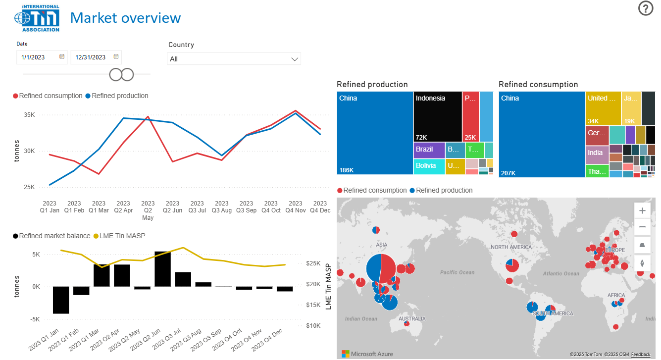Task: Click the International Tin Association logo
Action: pos(37,18)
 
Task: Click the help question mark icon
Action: pos(646,8)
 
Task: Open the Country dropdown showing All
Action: pos(234,59)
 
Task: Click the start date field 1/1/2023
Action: pos(42,57)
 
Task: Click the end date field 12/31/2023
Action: pos(96,57)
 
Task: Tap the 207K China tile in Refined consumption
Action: pos(542,134)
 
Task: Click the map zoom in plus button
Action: pos(642,210)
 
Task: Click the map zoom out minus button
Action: pos(642,227)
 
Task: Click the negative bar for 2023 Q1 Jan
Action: pos(61,300)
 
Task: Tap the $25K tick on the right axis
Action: pos(313,263)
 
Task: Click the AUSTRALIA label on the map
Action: pos(412,319)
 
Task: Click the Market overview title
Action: pos(125,18)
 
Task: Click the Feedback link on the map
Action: pos(641,355)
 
